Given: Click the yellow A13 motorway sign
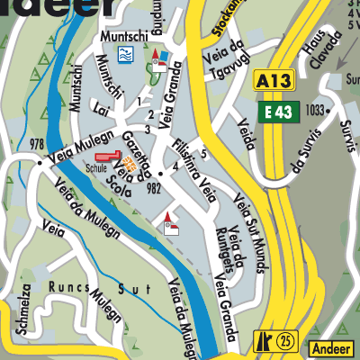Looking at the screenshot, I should coord(273,80).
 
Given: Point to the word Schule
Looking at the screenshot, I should coord(96,168).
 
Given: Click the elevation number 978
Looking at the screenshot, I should coord(36,145).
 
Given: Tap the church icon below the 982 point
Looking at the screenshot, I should coord(170,219).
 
